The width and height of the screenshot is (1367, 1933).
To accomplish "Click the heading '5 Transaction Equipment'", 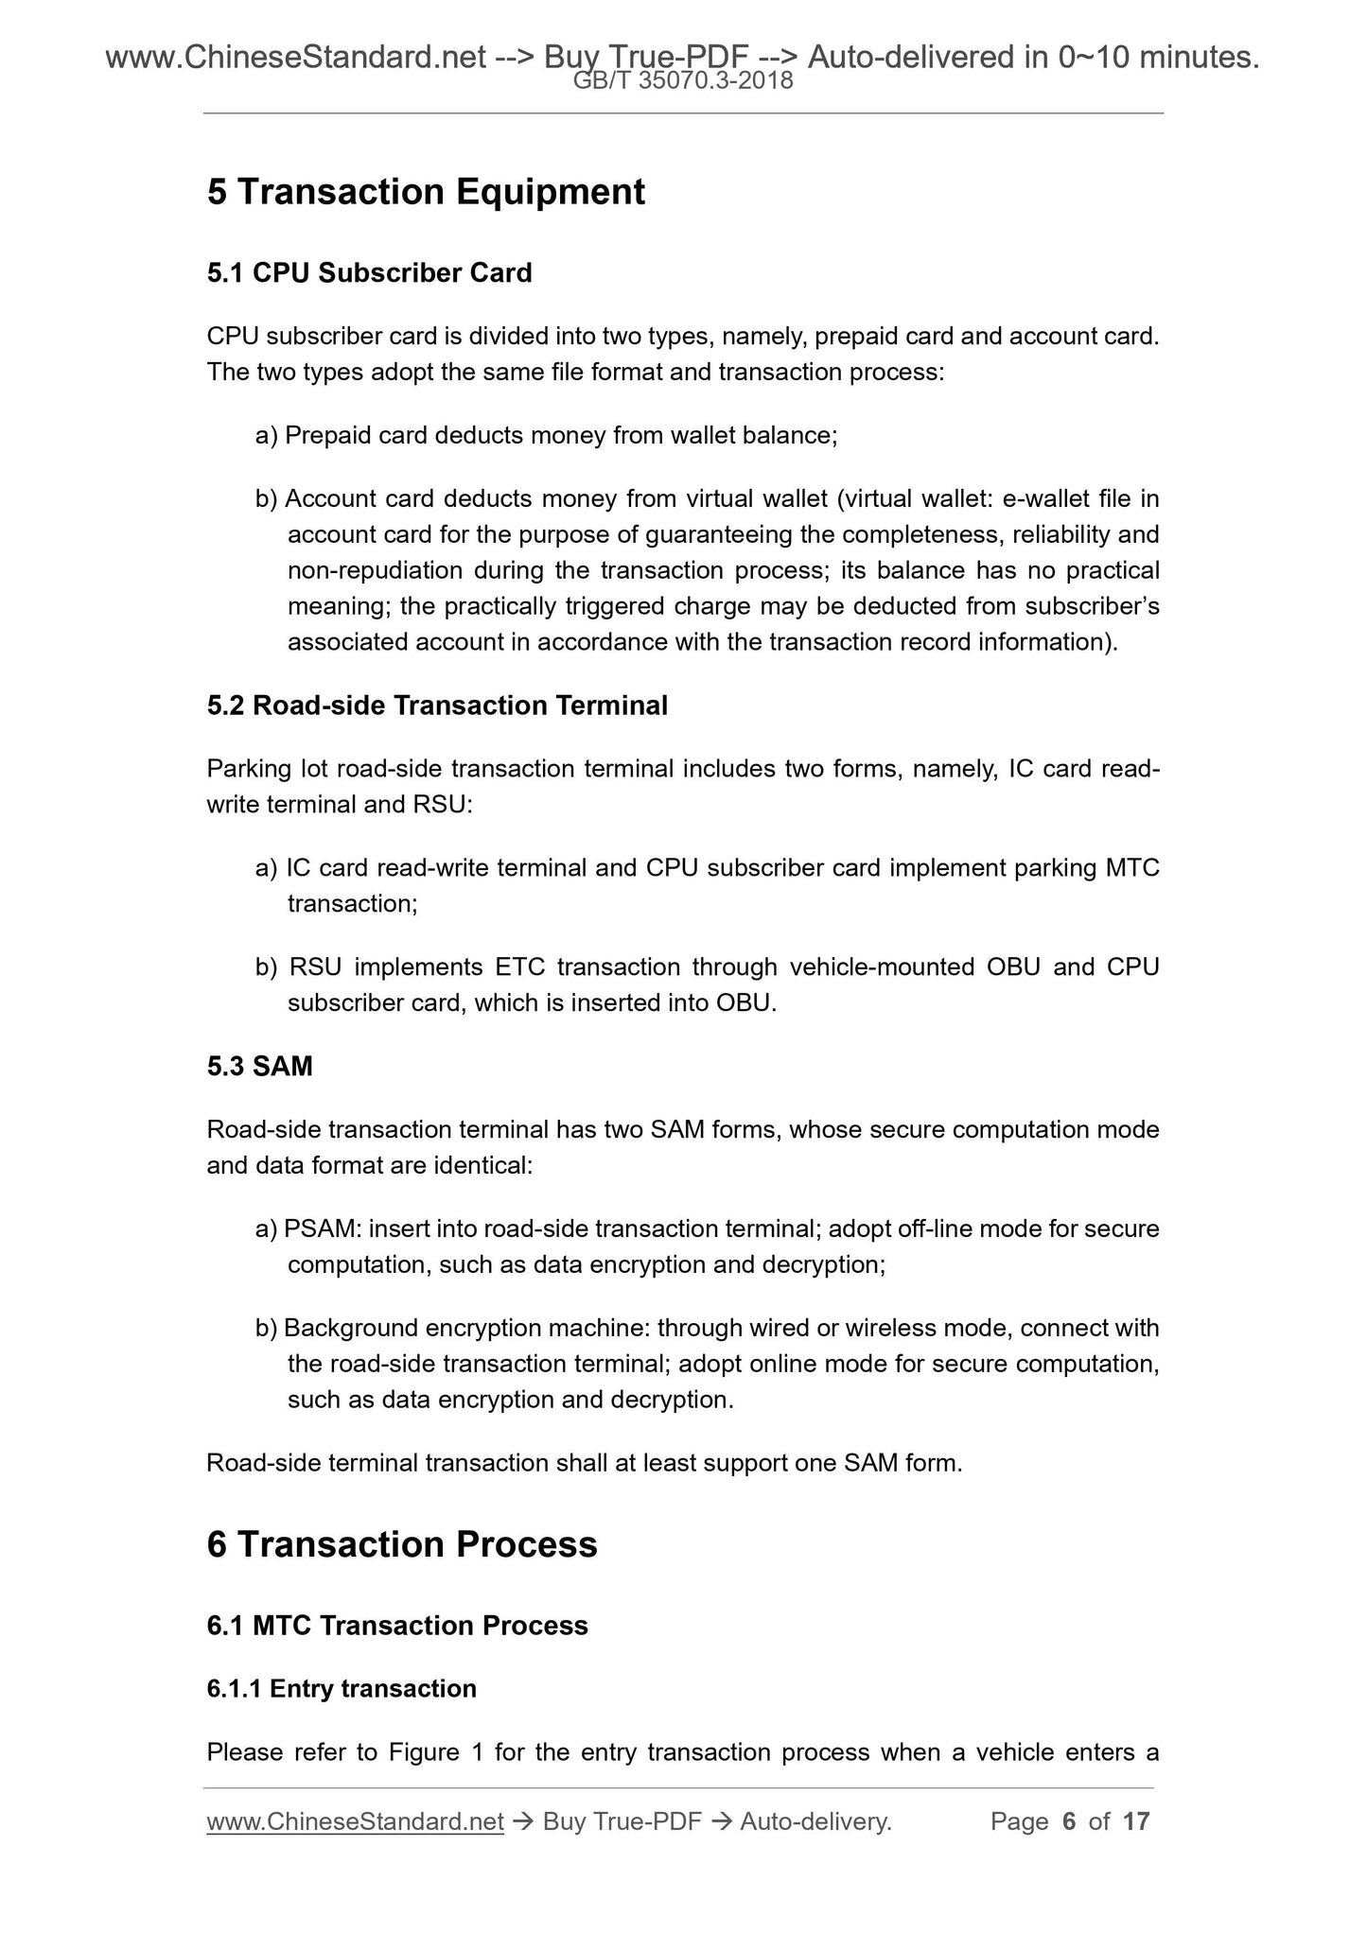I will pos(426,192).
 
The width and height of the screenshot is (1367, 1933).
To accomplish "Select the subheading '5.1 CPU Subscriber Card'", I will pos(369,273).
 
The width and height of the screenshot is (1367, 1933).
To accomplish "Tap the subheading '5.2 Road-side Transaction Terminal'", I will pos(437,705).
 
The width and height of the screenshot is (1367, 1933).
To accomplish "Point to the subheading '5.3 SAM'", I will pos(259,1067).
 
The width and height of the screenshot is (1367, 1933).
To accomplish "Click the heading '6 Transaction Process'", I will pos(402,1544).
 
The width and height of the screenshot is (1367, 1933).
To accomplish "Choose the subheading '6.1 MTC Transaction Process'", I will pos(397,1626).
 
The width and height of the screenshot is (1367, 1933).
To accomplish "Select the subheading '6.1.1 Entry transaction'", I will pos(342,1689).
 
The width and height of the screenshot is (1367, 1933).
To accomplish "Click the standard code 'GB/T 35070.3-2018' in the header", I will pos(683,82).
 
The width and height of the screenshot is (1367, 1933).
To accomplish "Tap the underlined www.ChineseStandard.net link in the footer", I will pos(355,1821).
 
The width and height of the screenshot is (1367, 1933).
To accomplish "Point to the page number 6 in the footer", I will pos(1069,1821).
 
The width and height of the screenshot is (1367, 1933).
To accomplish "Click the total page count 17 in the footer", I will pos(1136,1821).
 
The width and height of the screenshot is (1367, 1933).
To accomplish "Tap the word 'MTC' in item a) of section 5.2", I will pos(1132,868).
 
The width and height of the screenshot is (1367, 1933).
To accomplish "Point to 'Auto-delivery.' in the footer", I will pos(815,1821).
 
